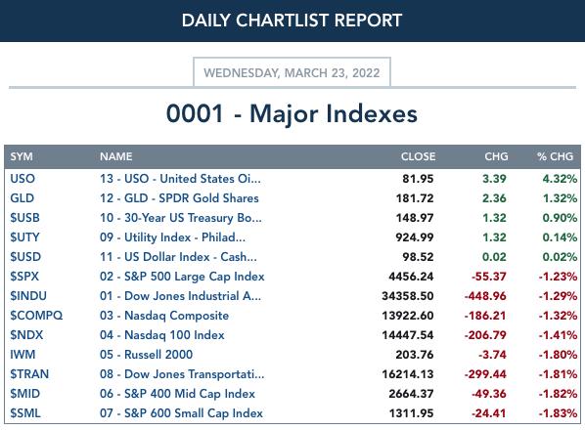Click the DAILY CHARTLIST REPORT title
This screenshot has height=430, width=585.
[292, 21]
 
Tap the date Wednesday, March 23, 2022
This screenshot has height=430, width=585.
[292, 72]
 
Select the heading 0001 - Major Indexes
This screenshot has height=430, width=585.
[292, 113]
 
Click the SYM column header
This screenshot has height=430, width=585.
[22, 156]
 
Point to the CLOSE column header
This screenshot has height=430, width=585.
[418, 156]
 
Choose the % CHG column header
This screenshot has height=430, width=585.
[555, 156]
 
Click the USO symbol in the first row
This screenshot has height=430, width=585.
[22, 179]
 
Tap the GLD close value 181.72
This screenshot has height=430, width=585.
[415, 198]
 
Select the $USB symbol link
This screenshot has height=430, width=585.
[24, 218]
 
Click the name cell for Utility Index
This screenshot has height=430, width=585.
[172, 237]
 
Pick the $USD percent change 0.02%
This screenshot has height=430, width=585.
[560, 257]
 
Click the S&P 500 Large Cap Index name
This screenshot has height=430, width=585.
[182, 277]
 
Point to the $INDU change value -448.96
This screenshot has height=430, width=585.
[485, 296]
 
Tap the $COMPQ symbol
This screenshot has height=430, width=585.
[36, 316]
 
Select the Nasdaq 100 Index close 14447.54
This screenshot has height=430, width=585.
[408, 335]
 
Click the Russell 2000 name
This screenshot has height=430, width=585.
[147, 355]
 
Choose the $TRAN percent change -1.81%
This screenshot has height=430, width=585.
[558, 374]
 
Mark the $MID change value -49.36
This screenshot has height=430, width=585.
[489, 394]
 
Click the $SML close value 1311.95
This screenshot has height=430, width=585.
[411, 413]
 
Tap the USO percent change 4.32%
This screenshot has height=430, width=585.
[560, 179]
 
